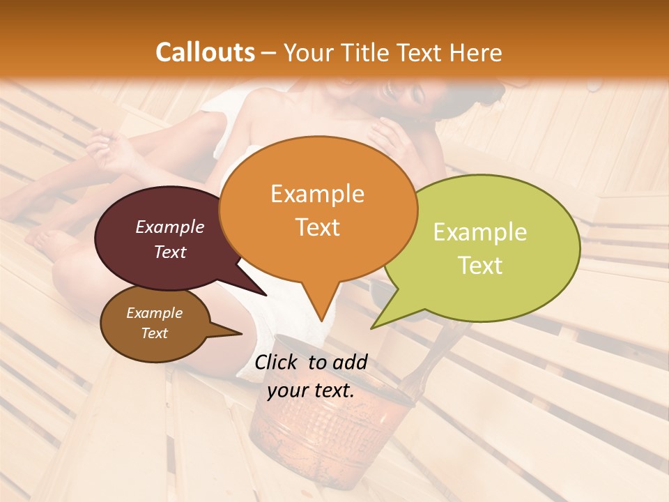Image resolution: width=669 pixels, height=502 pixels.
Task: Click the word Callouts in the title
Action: pyautogui.click(x=205, y=52)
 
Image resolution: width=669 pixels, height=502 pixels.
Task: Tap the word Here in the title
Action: pyautogui.click(x=474, y=52)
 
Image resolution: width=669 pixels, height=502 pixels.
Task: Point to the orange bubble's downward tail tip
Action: pyautogui.click(x=321, y=321)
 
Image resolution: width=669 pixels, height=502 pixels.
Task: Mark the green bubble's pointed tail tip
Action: pyautogui.click(x=371, y=328)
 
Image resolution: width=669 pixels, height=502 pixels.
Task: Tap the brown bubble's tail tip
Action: pyautogui.click(x=242, y=333)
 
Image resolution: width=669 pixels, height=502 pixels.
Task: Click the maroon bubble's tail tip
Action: pyautogui.click(x=266, y=296)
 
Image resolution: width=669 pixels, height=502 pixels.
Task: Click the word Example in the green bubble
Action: pyautogui.click(x=480, y=232)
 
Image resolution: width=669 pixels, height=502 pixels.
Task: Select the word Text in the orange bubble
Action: pyautogui.click(x=318, y=227)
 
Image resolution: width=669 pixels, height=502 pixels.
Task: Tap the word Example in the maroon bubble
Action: pyautogui.click(x=169, y=227)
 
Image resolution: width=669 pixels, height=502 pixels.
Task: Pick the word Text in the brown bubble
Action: pyautogui.click(x=155, y=333)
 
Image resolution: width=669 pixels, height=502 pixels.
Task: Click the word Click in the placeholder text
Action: pyautogui.click(x=277, y=362)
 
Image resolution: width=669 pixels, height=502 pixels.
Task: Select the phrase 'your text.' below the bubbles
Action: pyautogui.click(x=311, y=390)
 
